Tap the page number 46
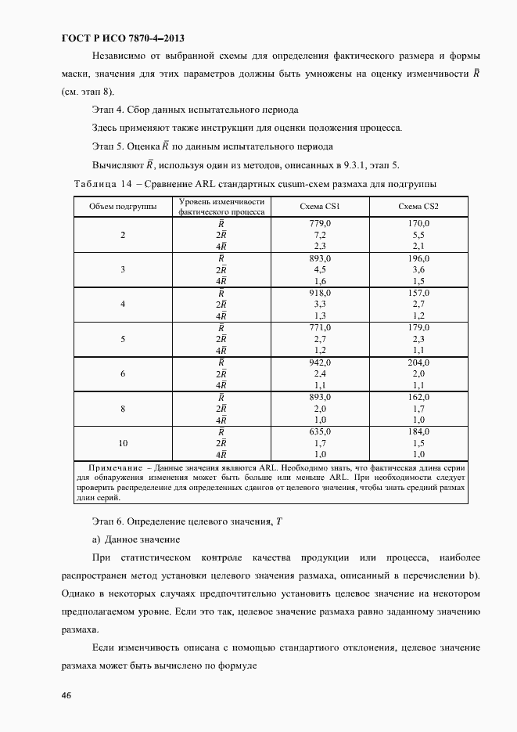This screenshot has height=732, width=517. [66, 695]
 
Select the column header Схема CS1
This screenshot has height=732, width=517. [319, 207]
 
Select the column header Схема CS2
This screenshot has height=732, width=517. [418, 207]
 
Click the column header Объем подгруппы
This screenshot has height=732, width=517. [123, 207]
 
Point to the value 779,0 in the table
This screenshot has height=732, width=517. [319, 223]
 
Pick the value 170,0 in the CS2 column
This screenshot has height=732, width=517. [418, 223]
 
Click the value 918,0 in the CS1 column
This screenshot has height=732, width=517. [319, 292]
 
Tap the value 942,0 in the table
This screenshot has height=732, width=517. [319, 362]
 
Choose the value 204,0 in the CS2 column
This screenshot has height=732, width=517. [418, 362]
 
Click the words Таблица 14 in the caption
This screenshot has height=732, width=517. [102, 183]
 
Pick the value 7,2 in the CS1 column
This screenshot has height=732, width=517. [319, 235]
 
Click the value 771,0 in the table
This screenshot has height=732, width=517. [319, 327]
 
